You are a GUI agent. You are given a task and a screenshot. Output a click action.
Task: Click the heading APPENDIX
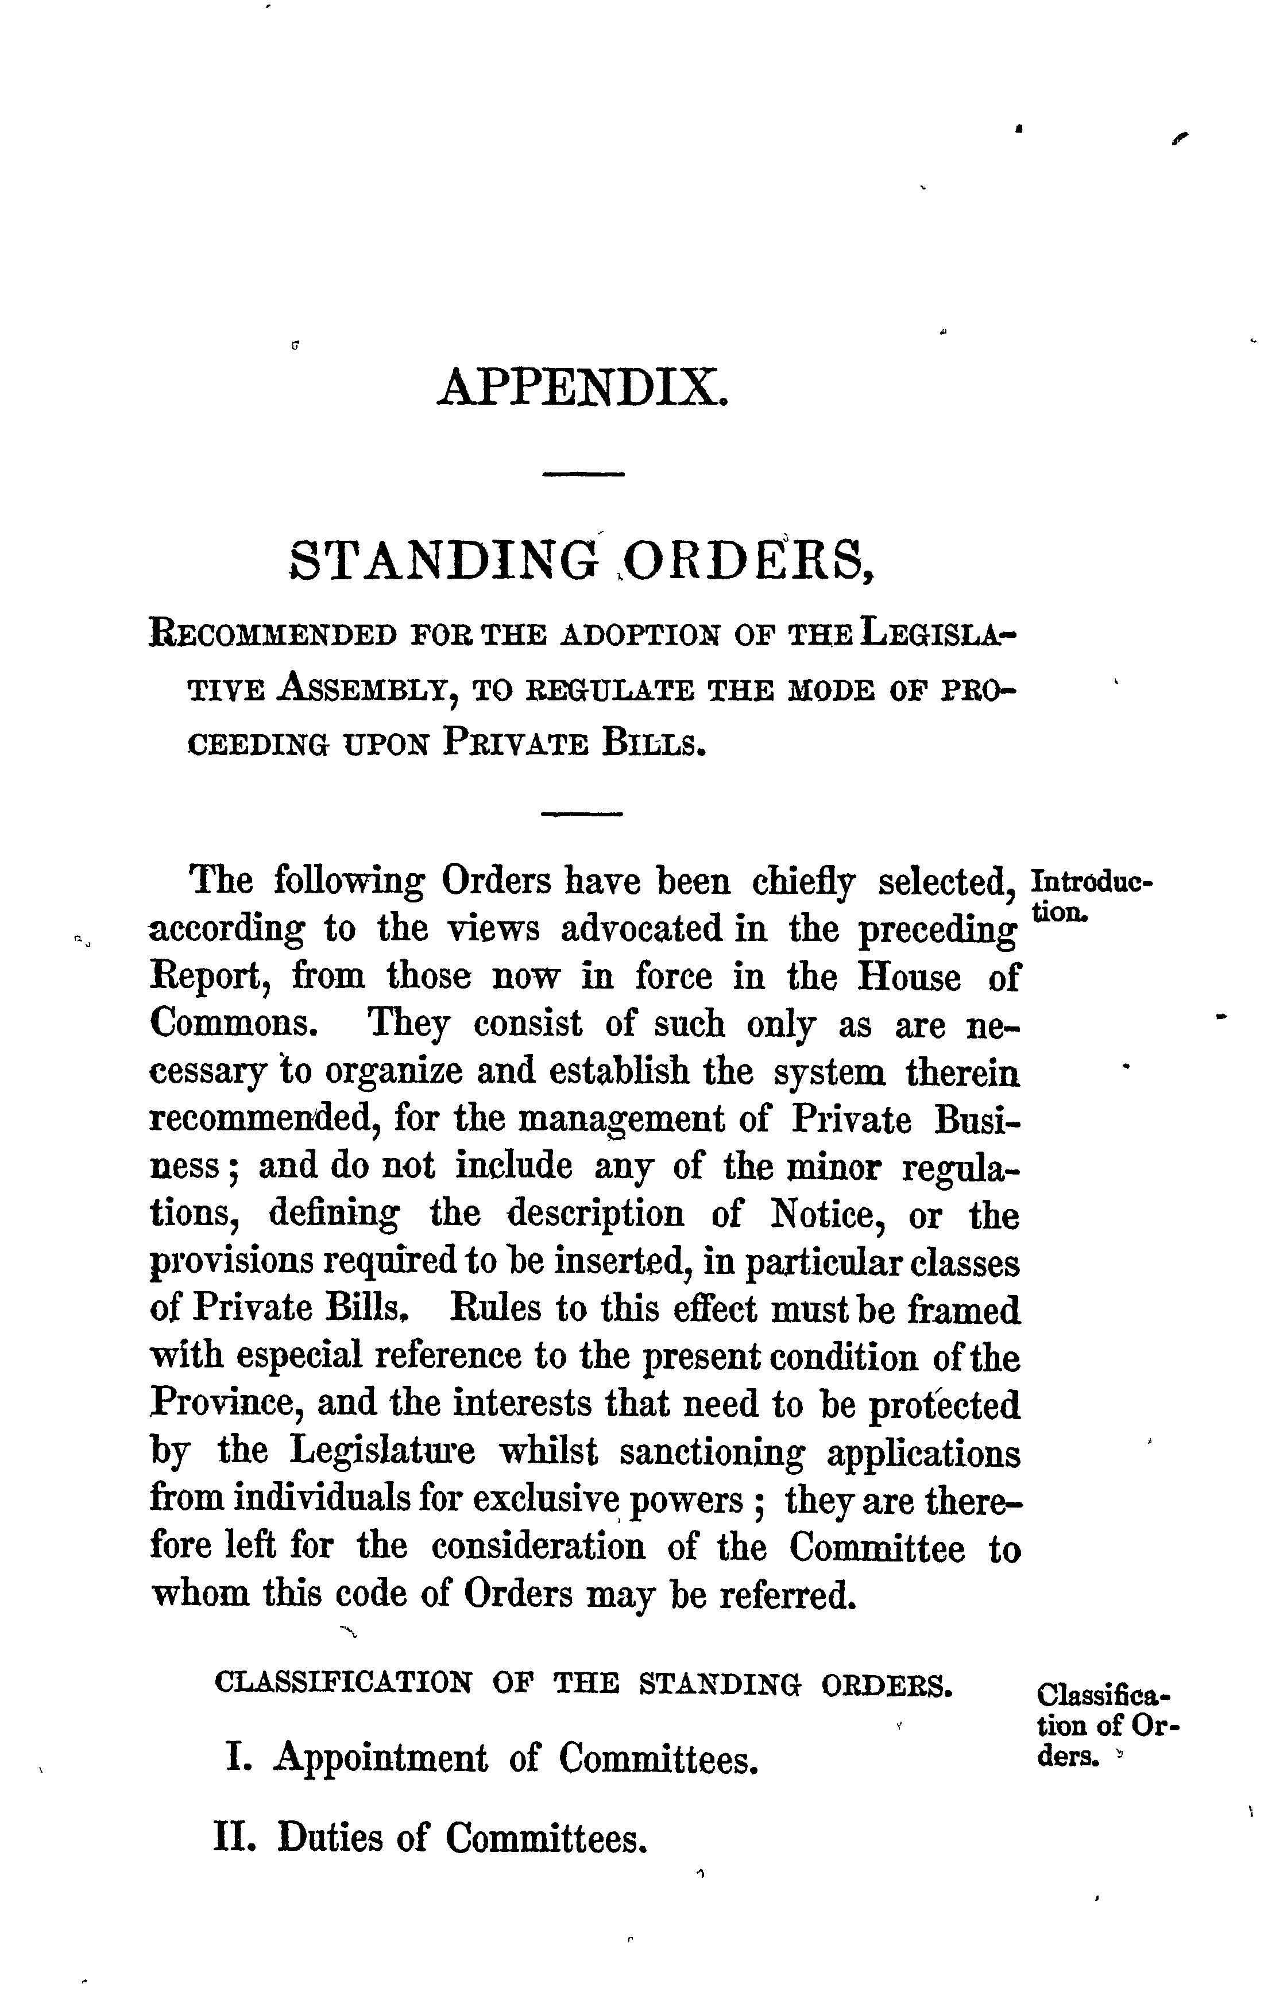(x=582, y=387)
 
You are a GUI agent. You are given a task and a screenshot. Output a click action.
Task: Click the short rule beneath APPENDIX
(x=583, y=476)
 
